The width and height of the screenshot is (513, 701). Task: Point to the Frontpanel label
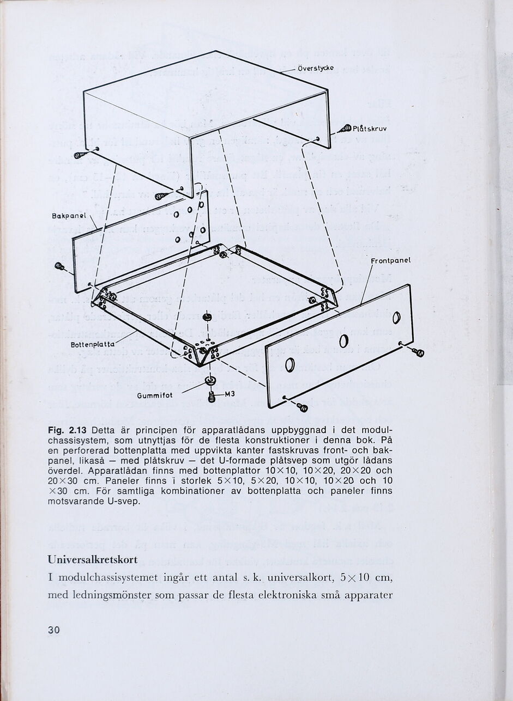coord(390,260)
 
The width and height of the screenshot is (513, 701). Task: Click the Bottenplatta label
coord(93,345)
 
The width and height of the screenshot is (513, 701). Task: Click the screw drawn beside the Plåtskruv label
coord(345,129)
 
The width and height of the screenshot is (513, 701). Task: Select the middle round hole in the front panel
coord(343,342)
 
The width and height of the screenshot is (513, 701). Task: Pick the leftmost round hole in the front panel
coord(290,365)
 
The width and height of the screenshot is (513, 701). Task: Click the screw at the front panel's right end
coord(418,352)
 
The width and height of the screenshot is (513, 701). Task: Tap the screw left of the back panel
coord(60,267)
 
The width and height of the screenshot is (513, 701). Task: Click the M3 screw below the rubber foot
coord(212,398)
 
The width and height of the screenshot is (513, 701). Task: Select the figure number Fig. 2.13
coord(69,431)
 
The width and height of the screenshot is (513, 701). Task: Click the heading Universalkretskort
coord(93,559)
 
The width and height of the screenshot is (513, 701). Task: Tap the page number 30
coord(53,630)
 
